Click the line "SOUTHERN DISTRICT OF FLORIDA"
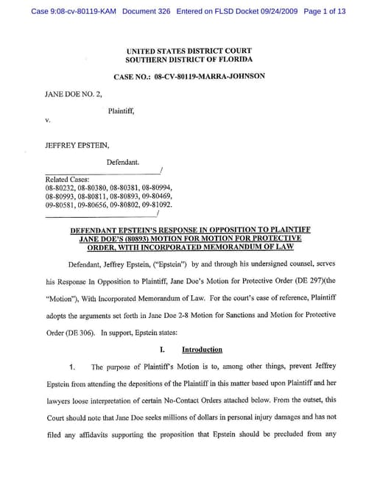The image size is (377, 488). [189, 59]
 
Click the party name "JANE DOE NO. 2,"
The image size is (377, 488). [72, 95]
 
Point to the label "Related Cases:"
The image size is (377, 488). [67, 179]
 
